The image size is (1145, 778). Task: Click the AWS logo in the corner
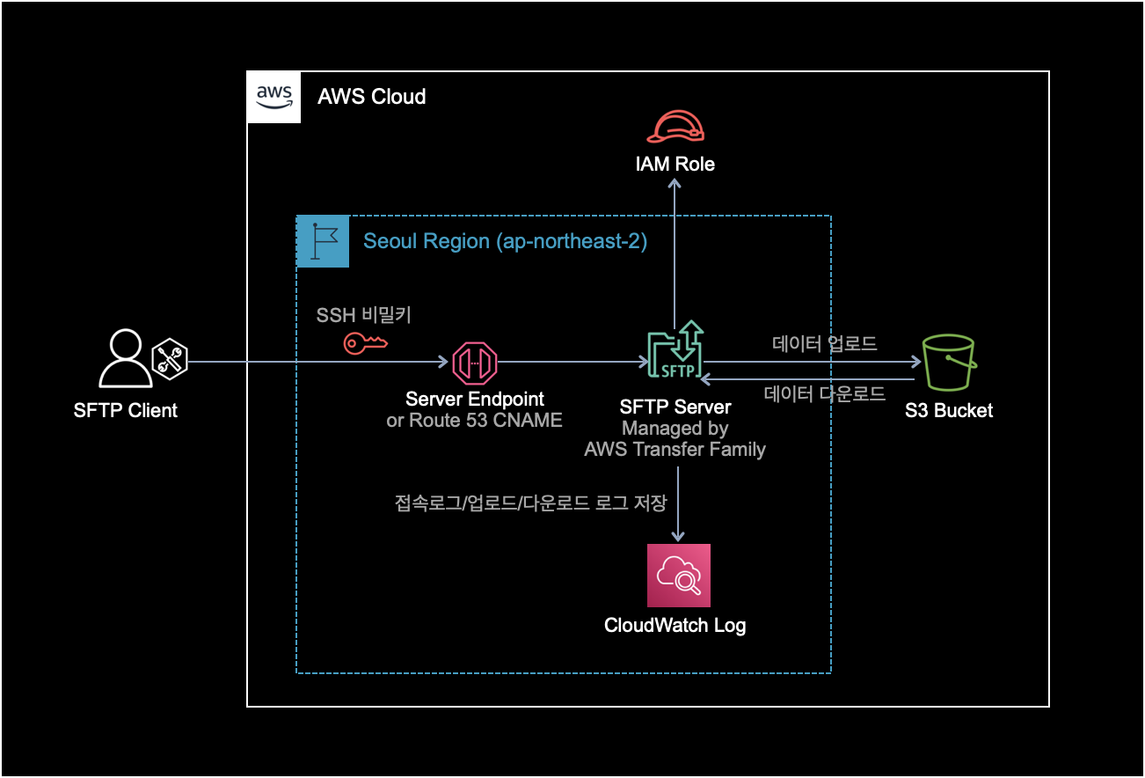click(273, 97)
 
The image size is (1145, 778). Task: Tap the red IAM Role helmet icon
click(675, 127)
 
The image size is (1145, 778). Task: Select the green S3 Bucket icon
click(949, 363)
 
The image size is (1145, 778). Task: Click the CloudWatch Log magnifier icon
click(678, 576)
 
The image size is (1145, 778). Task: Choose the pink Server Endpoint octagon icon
click(475, 362)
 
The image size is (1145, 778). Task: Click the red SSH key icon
click(364, 343)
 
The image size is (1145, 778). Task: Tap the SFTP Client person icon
click(125, 359)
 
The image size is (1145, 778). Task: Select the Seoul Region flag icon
click(323, 240)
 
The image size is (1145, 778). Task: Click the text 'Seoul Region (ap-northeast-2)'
click(505, 241)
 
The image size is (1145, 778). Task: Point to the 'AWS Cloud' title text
click(371, 97)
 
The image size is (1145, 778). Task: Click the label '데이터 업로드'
click(824, 343)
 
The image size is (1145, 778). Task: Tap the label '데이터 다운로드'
click(824, 393)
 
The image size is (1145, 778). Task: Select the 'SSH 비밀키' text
click(363, 315)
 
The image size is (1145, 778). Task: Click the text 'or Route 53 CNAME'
click(474, 421)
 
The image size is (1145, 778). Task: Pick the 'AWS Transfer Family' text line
click(675, 450)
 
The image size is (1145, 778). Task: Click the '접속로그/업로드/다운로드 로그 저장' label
click(531, 504)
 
